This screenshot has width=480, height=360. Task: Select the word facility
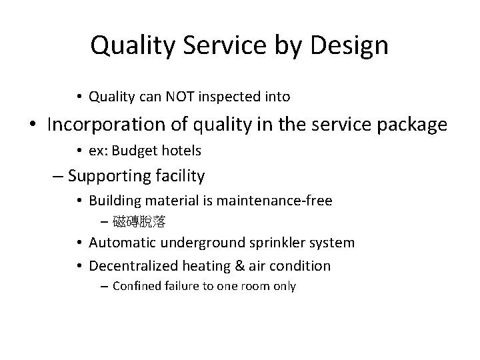click(181, 177)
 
